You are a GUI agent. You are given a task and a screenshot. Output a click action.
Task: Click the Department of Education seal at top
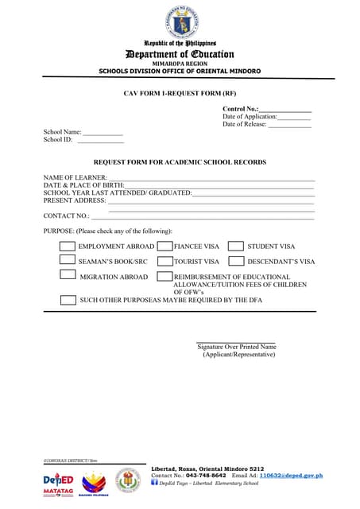(x=180, y=20)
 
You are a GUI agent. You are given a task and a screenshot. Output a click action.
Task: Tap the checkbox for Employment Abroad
(x=68, y=247)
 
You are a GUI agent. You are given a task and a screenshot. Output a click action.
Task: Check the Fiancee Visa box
(x=165, y=247)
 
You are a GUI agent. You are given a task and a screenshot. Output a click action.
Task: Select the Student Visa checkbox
(x=235, y=247)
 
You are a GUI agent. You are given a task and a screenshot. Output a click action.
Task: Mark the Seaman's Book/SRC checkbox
(x=68, y=260)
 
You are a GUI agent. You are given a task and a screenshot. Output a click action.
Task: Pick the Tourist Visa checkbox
(x=165, y=260)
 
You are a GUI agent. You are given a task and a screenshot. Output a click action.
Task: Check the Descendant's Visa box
(x=235, y=260)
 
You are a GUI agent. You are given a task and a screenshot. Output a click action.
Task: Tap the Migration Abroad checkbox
(x=68, y=275)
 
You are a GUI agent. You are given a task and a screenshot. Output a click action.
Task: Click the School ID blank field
(x=100, y=141)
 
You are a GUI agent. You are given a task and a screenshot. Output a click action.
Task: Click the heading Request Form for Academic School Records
(x=180, y=162)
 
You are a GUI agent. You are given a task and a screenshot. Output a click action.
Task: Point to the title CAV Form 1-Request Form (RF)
(x=180, y=93)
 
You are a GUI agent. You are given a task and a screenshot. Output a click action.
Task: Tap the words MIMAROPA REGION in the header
(x=180, y=64)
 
